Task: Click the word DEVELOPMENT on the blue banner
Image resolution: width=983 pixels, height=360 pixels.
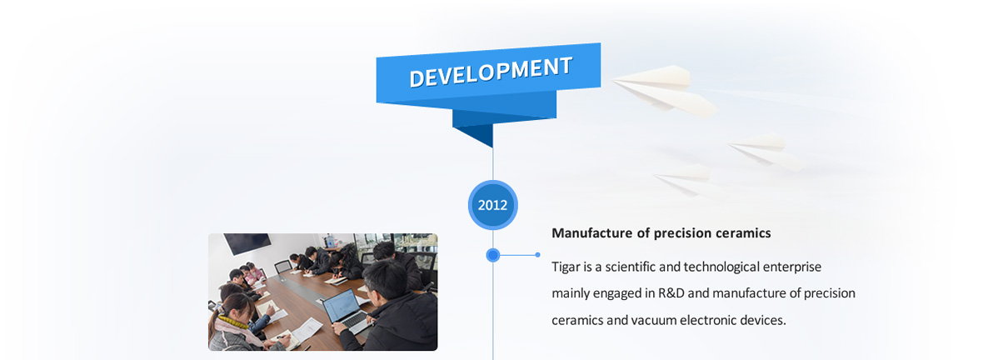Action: pos(491,72)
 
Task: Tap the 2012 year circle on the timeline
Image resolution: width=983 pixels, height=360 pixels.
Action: pos(493,204)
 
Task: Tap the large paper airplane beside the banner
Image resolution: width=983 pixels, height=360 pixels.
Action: pos(665,90)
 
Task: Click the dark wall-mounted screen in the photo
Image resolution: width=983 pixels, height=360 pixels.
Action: pos(247,242)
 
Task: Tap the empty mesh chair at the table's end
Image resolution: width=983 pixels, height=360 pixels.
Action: pos(282,266)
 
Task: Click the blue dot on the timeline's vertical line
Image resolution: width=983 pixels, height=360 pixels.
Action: pos(493,255)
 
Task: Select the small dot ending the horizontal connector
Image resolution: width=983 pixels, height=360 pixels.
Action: pos(538,255)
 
